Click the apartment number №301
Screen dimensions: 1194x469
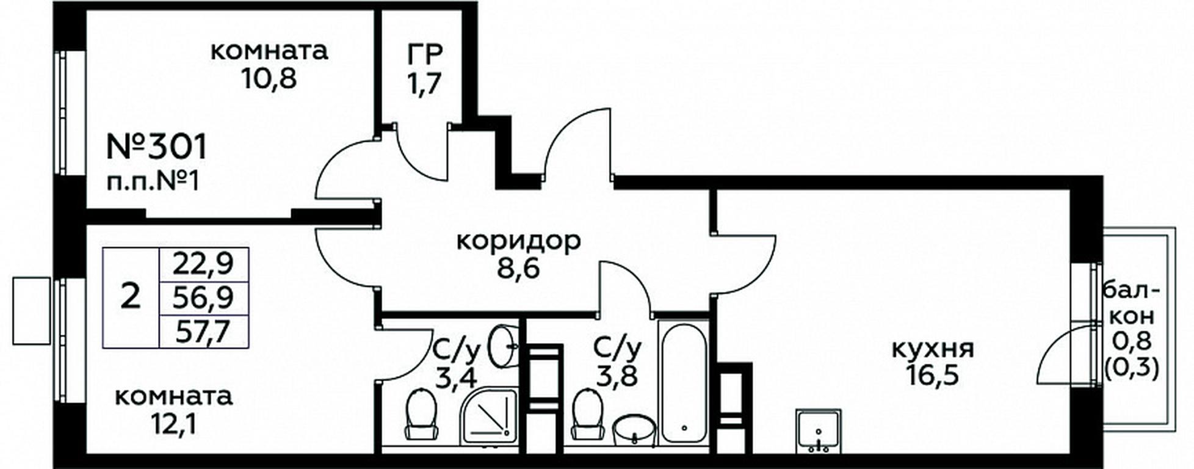tap(157, 147)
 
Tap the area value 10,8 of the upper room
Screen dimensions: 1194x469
tap(269, 79)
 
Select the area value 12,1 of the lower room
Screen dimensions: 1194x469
tap(173, 424)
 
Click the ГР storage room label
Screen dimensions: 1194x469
tap(425, 55)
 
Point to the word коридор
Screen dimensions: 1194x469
tap(519, 242)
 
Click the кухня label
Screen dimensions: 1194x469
tap(933, 349)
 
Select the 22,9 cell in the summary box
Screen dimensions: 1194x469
tap(204, 264)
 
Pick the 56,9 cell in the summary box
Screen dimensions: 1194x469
tap(204, 299)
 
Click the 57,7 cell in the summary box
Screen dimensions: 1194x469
tap(204, 332)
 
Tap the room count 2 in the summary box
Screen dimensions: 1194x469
tap(130, 298)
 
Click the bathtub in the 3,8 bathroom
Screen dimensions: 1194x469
tap(683, 383)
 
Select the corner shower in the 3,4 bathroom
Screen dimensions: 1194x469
tap(490, 416)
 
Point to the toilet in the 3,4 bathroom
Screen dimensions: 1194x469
tap(421, 413)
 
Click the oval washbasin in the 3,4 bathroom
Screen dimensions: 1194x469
tap(504, 346)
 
